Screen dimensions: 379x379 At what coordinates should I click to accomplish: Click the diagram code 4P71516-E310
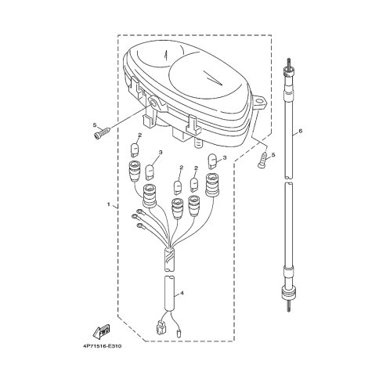(103, 346)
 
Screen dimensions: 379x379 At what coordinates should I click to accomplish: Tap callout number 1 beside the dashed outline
(109, 204)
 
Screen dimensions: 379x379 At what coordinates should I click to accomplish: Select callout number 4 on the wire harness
(182, 293)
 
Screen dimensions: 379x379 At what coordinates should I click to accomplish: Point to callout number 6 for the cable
(300, 131)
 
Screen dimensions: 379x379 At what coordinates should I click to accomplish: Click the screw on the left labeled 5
(102, 132)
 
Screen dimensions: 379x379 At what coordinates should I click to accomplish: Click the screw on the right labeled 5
(262, 160)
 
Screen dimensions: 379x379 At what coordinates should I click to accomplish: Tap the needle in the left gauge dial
(165, 56)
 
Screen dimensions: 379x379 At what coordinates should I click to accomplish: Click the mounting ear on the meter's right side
(259, 102)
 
